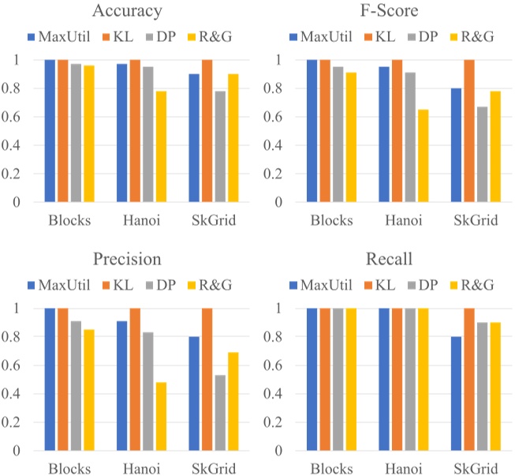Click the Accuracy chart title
[x=128, y=11]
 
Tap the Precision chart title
[x=128, y=260]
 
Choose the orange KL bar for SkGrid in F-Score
[x=468, y=130]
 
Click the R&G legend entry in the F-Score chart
[x=472, y=36]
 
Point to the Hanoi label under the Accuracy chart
[x=142, y=221]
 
